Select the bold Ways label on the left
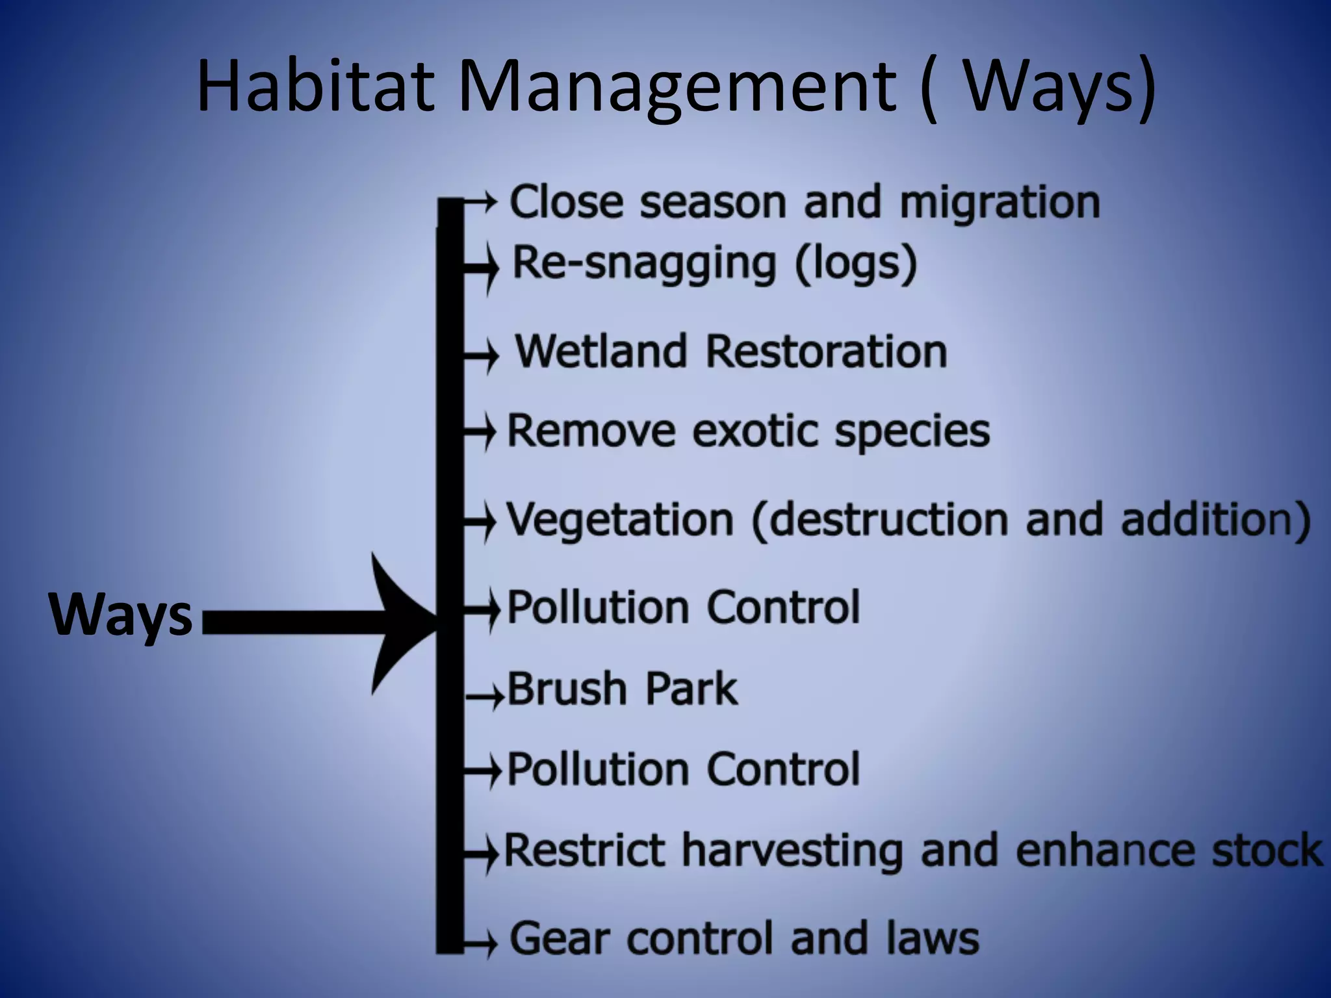click(121, 615)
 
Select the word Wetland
click(601, 352)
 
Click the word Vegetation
click(619, 520)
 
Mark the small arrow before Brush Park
click(485, 697)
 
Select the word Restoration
click(826, 352)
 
